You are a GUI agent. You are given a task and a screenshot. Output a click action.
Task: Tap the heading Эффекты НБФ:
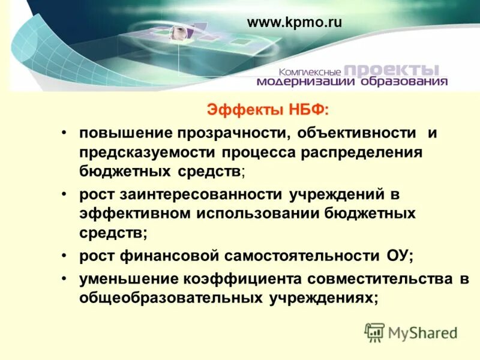click(x=268, y=110)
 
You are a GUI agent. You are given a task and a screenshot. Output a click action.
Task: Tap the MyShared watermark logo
click(x=411, y=332)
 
